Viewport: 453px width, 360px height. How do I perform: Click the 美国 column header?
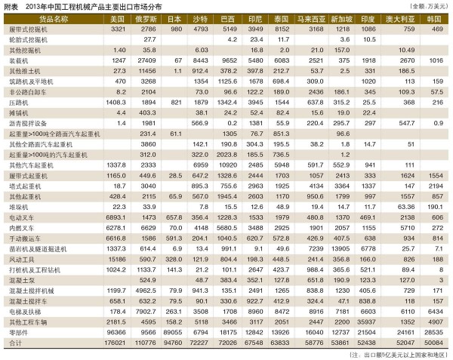click(116, 18)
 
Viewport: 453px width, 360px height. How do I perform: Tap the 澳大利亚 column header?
click(402, 18)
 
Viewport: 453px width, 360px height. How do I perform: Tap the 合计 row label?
click(15, 320)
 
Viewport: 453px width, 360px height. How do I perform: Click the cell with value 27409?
click(146, 59)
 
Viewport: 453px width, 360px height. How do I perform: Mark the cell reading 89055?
click(174, 309)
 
